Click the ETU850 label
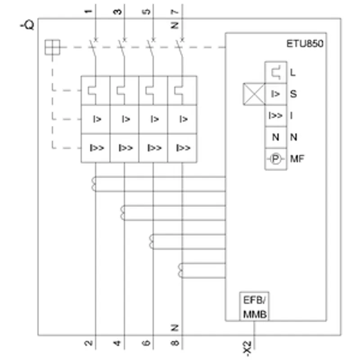point(305,44)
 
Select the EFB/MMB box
point(254,306)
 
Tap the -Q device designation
point(27,25)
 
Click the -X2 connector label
point(247,348)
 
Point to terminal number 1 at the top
point(89,11)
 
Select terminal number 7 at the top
point(175,12)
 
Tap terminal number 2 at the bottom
point(89,343)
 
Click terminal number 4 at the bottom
point(117,343)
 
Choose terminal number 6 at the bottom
point(146,343)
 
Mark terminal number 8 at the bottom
point(175,343)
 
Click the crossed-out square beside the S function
point(254,94)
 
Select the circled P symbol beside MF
point(276,159)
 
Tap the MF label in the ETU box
point(297,159)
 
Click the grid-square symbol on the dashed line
point(52,47)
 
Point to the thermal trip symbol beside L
point(276,72)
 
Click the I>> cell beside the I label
point(276,116)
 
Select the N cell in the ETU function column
point(276,137)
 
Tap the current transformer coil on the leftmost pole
point(94,184)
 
